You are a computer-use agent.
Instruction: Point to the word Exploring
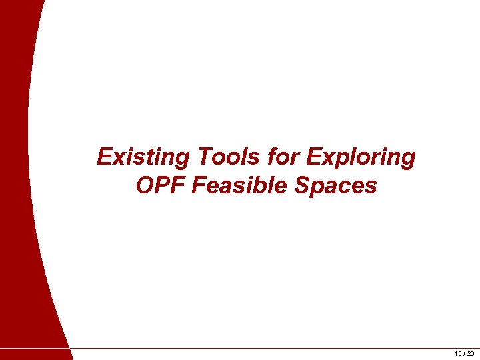360,157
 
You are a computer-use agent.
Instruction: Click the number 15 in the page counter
458,354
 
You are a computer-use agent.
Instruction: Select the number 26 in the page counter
470,354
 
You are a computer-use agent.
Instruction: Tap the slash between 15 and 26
464,354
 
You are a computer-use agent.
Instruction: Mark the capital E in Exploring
312,157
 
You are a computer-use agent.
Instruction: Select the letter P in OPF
162,185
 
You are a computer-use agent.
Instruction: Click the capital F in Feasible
199,185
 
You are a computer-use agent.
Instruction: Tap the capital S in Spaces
301,185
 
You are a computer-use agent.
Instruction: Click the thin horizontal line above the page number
267,348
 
